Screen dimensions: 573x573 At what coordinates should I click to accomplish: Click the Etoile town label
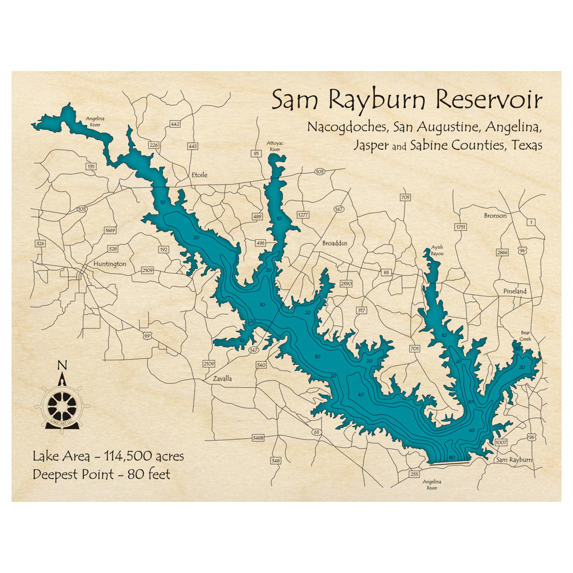(x=198, y=175)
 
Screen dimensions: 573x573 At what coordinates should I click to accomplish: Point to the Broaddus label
(x=335, y=243)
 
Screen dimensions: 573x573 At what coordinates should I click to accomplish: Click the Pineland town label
(x=515, y=291)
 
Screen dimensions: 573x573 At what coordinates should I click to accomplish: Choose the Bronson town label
(x=495, y=215)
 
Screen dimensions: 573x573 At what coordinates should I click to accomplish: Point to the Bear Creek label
(x=525, y=336)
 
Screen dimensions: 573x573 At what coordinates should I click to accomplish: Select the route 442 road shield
(x=175, y=124)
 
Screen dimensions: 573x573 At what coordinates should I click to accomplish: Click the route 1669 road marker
(x=111, y=230)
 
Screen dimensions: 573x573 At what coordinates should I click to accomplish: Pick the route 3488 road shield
(x=258, y=438)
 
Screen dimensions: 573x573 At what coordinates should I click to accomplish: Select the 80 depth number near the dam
(x=452, y=457)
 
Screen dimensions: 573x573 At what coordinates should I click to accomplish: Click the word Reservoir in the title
(x=489, y=100)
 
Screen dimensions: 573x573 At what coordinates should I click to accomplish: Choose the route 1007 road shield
(x=501, y=443)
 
